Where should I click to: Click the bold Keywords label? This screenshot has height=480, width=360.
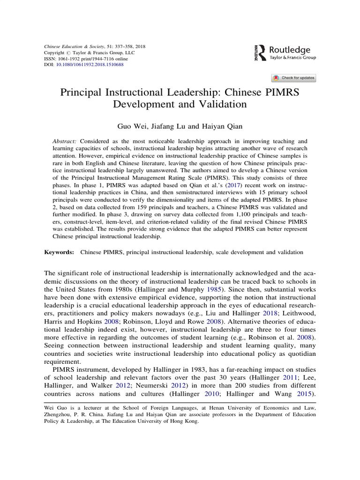tap(59, 252)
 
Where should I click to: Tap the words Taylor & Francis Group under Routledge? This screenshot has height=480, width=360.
tap(293, 58)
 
